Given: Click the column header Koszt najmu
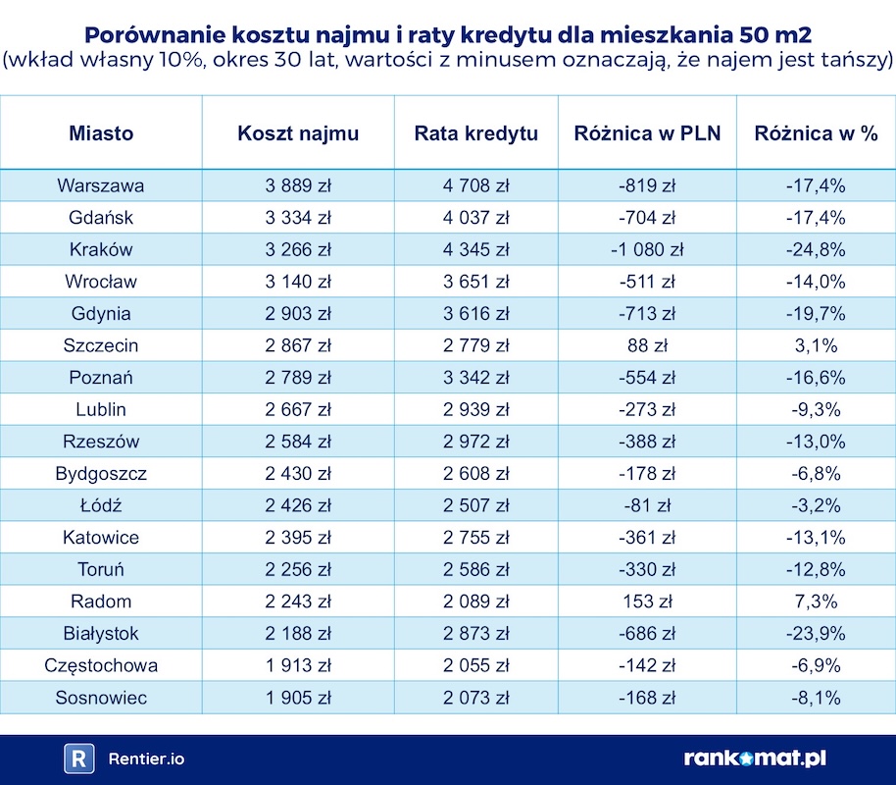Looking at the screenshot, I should click(x=298, y=133).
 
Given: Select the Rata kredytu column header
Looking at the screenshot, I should click(x=475, y=133).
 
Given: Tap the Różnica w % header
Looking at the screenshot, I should click(x=817, y=133).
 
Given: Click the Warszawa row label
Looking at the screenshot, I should click(x=101, y=185).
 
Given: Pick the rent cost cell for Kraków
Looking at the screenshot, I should click(x=298, y=249).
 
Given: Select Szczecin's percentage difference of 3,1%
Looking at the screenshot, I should click(x=817, y=345).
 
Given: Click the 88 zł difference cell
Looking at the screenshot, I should click(x=647, y=345).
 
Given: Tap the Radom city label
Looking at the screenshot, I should click(x=101, y=602).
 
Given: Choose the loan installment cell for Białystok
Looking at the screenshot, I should click(x=475, y=634).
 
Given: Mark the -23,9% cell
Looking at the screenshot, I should click(x=817, y=634).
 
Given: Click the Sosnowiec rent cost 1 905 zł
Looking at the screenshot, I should click(x=298, y=698).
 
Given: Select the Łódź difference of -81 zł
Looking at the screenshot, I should click(x=647, y=506).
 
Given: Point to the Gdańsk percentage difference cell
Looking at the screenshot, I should click(x=817, y=218).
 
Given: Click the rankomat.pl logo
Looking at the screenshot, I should click(x=755, y=759).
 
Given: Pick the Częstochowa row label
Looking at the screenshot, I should click(x=101, y=665).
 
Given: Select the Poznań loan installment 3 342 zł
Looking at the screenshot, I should click(x=475, y=378).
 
